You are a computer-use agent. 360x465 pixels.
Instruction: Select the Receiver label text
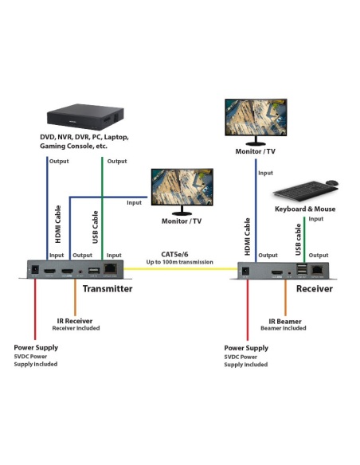tap(314, 289)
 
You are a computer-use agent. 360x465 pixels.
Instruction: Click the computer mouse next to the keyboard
tap(331, 183)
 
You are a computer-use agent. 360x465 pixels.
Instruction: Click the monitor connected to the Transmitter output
tap(182, 189)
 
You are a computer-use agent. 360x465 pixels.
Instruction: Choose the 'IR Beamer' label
tap(284, 320)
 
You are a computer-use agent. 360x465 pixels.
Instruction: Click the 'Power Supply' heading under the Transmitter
tap(36, 347)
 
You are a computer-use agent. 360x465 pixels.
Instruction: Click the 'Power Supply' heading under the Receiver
tap(246, 348)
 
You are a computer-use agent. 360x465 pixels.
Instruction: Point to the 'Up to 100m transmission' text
tap(179, 261)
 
